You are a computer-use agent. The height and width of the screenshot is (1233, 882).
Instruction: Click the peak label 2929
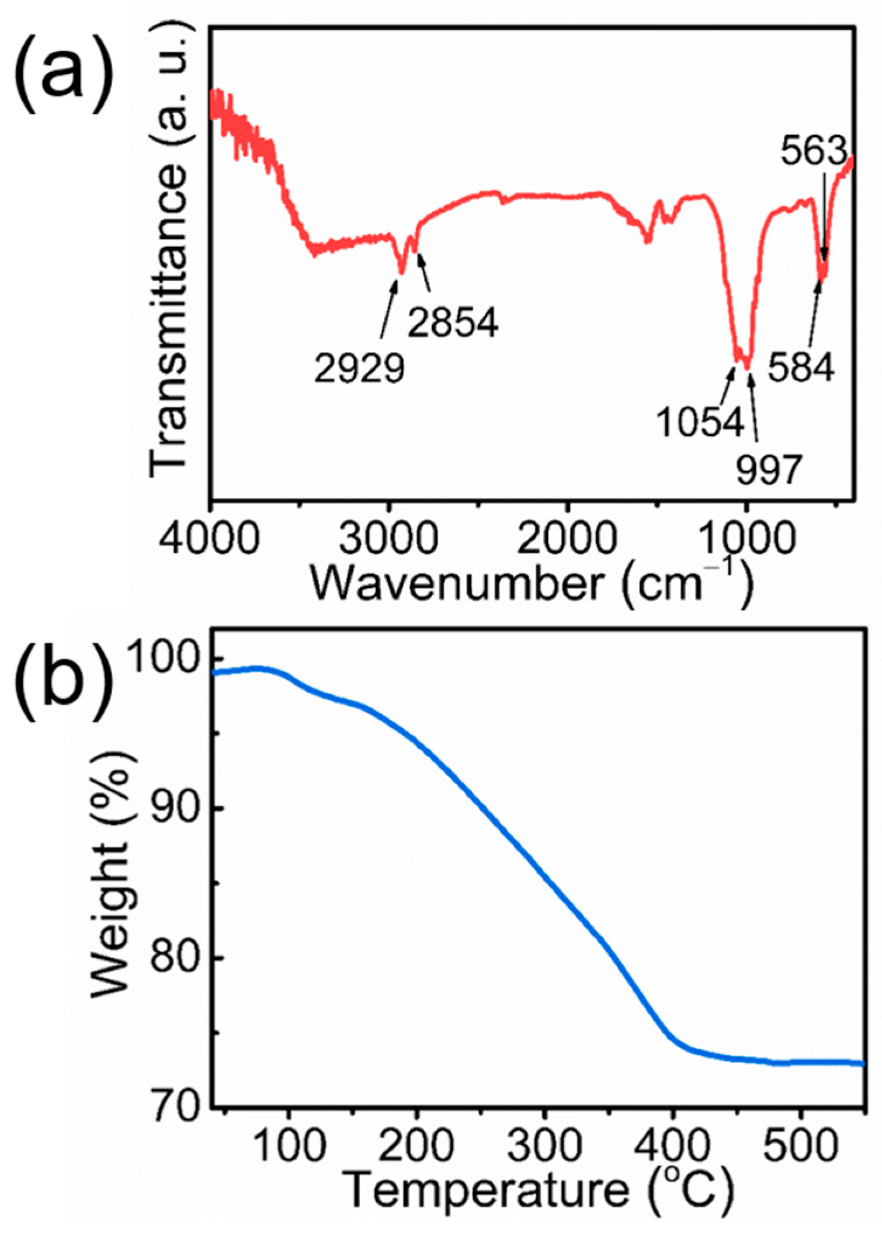coord(359,368)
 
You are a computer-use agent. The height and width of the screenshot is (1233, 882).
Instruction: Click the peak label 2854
coord(453,322)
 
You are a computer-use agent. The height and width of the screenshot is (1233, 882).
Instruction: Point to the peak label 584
coord(800,368)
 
